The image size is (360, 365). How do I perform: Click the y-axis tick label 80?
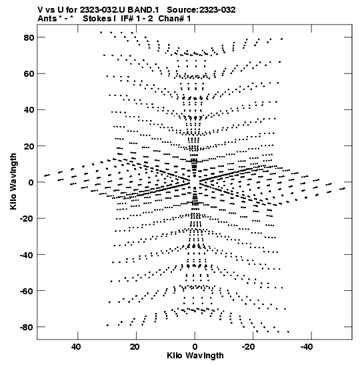tap(29, 37)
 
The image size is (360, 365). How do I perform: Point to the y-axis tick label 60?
tap(29, 74)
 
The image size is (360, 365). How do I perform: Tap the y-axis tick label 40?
tap(29, 110)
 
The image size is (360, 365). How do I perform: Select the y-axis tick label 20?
tap(29, 146)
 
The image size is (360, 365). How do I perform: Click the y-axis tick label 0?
tap(31, 182)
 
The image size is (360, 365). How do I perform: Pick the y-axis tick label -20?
tap(27, 219)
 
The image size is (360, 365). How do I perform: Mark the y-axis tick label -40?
tap(27, 255)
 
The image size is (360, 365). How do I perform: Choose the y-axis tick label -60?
tap(27, 291)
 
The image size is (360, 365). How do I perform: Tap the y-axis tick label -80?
tap(27, 327)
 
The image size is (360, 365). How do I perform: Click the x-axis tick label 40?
tap(76, 347)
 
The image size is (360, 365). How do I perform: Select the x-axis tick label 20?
tap(135, 347)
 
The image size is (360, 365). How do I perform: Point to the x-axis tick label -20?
tap(248, 347)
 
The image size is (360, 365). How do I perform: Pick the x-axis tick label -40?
tap(307, 347)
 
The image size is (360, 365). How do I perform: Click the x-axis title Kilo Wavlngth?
tap(195, 356)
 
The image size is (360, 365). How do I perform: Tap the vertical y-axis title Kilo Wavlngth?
tap(13, 181)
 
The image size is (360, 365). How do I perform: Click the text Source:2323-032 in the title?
tap(201, 10)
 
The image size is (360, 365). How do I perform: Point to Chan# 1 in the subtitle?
tap(175, 19)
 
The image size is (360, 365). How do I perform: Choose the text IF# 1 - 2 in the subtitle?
tap(137, 19)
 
